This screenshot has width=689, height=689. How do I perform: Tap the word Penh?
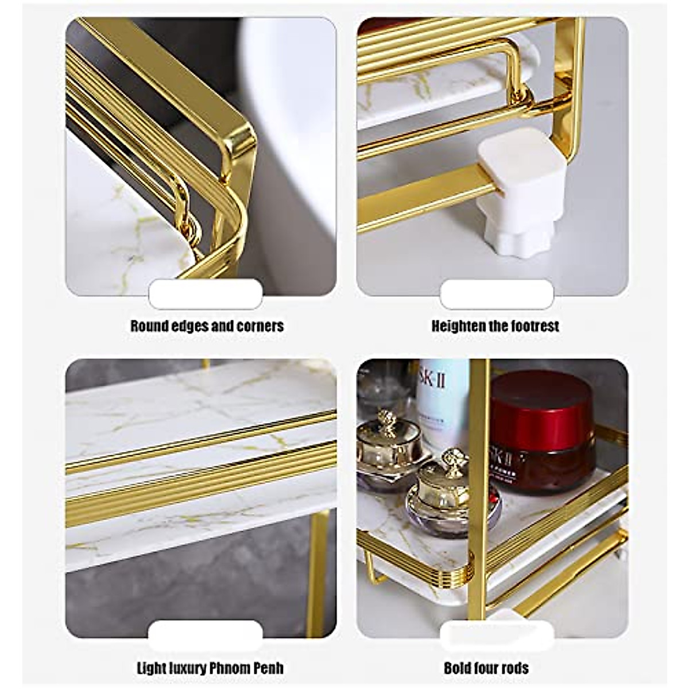(x=268, y=668)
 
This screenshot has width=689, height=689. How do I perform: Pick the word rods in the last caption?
(x=515, y=668)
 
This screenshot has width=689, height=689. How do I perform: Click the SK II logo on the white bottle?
(x=440, y=381)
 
